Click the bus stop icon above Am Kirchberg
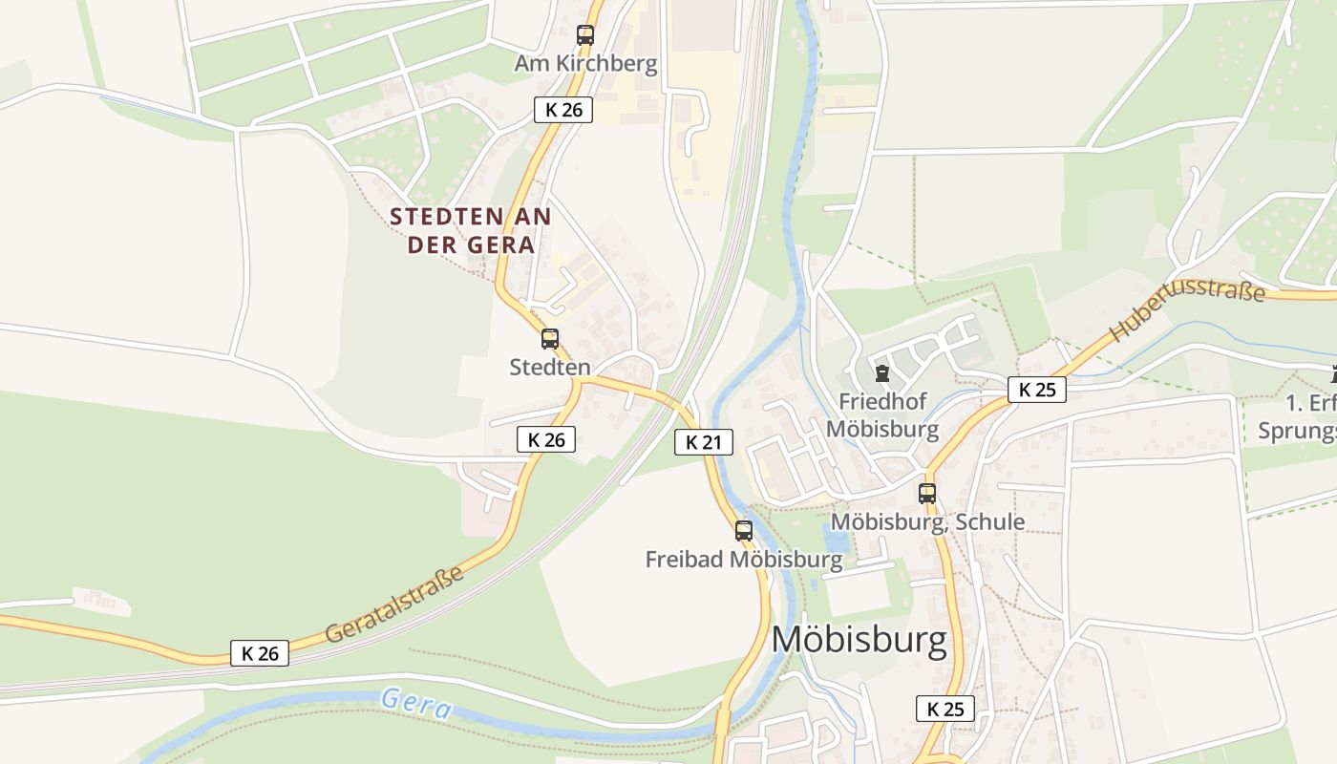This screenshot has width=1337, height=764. coord(585,35)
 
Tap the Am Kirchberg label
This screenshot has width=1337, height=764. coord(585,64)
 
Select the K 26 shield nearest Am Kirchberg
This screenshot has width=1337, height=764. coord(563,110)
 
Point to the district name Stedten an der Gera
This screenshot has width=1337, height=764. coord(471,230)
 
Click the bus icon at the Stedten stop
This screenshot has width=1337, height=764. coord(550,338)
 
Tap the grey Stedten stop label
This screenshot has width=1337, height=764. coord(550,367)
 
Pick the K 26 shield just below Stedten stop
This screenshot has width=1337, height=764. coord(546,439)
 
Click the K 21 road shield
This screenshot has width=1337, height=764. coord(704,442)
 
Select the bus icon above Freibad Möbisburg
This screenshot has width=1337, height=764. coord(744,530)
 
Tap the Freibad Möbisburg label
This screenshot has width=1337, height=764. coord(744,559)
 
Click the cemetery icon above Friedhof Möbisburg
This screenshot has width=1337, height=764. coord(881,372)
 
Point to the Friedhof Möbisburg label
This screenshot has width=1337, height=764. coord(881,414)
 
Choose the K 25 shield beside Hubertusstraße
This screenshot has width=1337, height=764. coord(1036,390)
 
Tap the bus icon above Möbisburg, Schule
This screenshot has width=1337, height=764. coord(927,494)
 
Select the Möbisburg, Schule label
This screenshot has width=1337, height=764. coord(927,521)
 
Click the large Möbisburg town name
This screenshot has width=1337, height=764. coord(859,640)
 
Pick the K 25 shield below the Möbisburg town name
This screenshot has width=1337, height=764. coord(945,709)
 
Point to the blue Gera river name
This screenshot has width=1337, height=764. coord(415,704)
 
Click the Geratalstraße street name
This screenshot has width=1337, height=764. coord(394,605)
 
